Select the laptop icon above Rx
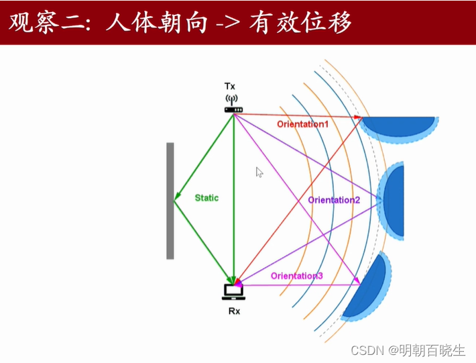[233, 291]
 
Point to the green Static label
[206, 198]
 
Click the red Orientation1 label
[303, 124]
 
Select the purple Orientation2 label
[334, 200]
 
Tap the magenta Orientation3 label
[297, 276]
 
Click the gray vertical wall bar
[170, 200]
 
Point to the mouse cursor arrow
[259, 172]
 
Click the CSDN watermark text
[369, 350]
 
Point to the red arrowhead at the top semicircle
[358, 117]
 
